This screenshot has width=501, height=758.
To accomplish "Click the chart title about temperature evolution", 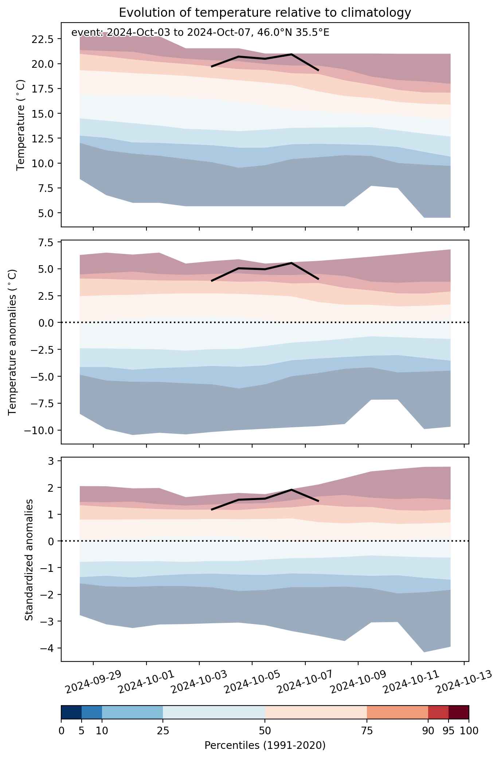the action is click(x=265, y=13).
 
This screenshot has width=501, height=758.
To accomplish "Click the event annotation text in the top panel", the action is click(x=200, y=33).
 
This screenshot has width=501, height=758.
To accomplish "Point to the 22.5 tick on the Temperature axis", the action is click(x=42, y=39).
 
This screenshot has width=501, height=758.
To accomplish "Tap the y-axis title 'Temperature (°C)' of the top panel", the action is click(x=21, y=125).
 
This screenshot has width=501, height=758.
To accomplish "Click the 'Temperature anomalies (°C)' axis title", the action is click(x=13, y=342).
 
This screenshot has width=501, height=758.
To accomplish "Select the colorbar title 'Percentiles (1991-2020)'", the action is click(x=265, y=745).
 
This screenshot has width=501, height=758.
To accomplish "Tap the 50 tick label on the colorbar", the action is click(x=265, y=731).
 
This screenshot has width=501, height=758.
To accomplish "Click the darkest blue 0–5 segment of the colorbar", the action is click(x=71, y=712).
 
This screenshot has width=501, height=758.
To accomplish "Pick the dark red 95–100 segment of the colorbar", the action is click(x=458, y=712).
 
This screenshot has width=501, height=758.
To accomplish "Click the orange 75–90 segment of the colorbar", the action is click(x=397, y=712).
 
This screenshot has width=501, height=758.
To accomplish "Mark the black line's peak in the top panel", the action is click(x=291, y=54).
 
